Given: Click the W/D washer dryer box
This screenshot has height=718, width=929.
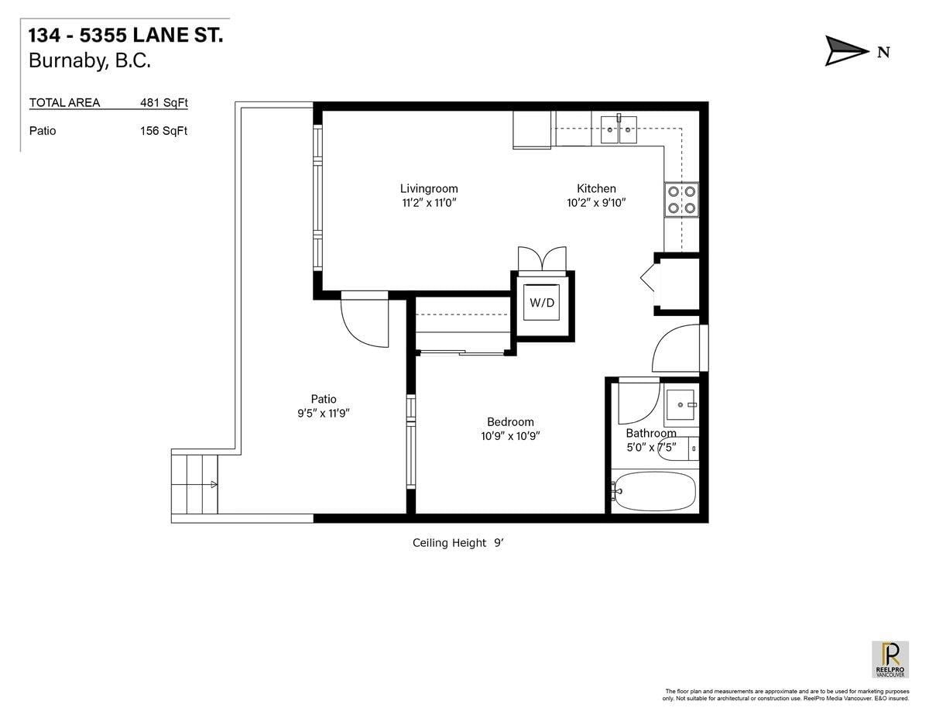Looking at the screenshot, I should [x=542, y=303].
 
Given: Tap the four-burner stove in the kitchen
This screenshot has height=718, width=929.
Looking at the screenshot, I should [x=681, y=199].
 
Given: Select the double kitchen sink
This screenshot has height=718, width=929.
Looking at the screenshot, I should [x=619, y=130].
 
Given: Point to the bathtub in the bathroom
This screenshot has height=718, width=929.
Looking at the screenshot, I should [x=655, y=491].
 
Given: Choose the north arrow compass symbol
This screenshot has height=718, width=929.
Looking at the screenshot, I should [x=847, y=52].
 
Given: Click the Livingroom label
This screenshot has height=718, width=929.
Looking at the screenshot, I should [x=429, y=188].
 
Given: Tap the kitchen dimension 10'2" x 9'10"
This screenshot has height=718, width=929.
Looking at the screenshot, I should [x=595, y=203].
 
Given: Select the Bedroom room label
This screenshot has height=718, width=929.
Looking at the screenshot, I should [x=510, y=421].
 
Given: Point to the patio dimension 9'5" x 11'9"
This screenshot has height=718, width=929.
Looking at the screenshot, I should [x=318, y=414].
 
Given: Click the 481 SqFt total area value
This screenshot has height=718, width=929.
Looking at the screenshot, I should [x=163, y=102].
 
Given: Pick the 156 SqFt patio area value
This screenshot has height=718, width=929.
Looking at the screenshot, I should [x=163, y=131].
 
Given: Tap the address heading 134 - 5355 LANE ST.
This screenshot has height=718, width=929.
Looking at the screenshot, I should [x=126, y=36].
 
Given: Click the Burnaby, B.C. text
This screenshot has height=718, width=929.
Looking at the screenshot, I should [x=90, y=61].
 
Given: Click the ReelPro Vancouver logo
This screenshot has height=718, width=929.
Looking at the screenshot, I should [x=890, y=659].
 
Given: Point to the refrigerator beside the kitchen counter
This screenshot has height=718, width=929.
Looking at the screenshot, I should [x=532, y=129].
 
